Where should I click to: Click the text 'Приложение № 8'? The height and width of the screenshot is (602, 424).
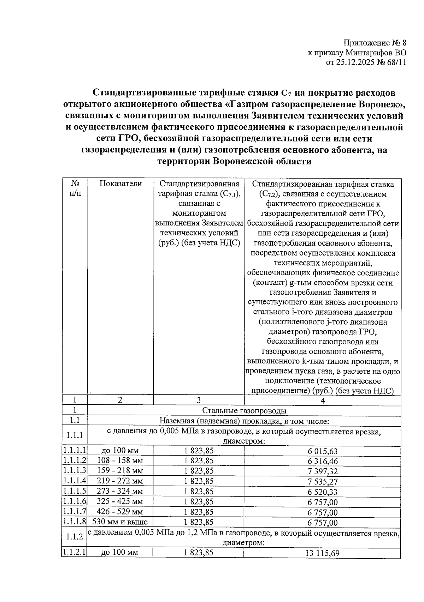coord(375,43)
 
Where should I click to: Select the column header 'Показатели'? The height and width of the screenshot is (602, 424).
coord(120,183)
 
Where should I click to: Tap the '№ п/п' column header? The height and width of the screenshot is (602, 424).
coord(75,188)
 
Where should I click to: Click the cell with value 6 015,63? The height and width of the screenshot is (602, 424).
coord(322,451)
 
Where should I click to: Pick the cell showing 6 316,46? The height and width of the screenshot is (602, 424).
coord(322,461)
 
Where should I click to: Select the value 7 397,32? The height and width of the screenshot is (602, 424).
coord(322,471)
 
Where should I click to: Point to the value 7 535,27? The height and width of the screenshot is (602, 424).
coord(322,482)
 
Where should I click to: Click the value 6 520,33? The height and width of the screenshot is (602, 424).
coord(322,492)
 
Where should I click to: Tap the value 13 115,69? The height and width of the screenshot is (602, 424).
coord(322,554)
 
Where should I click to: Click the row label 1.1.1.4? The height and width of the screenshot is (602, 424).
coord(75,481)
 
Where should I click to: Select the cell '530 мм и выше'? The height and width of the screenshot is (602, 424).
coord(120,522)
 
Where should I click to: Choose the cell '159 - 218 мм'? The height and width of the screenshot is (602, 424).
coord(120,471)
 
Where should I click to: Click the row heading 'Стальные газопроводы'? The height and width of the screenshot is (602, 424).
coord(244,410)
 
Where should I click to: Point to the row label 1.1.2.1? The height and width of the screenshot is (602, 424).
coord(75,552)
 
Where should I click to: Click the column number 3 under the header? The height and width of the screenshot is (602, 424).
coord(199,400)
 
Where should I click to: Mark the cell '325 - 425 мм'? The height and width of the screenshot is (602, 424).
coord(120,501)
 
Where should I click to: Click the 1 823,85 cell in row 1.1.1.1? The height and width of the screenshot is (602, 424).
coord(199,451)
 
